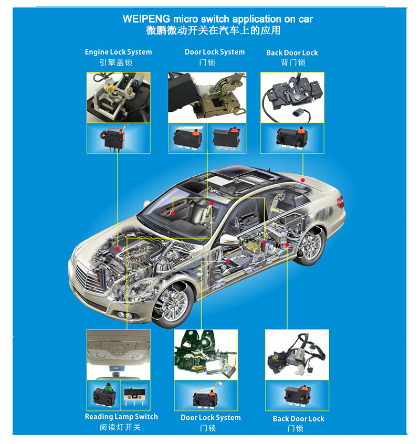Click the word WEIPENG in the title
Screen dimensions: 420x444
pos(146,19)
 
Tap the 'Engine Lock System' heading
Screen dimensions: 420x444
pos(118,52)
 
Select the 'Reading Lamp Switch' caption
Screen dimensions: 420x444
pos(121,417)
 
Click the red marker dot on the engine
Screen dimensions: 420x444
pos(118,249)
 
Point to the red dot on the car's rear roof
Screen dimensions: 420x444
pos(303,180)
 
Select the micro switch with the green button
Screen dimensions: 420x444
pos(104,395)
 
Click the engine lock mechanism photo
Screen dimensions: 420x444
pos(118,98)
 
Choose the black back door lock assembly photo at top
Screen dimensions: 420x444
pos(292,98)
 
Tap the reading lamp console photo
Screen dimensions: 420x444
pos(118,355)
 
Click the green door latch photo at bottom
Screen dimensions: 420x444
pos(206,355)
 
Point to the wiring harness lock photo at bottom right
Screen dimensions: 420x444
pos(297,355)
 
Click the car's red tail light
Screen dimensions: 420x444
pos(340,202)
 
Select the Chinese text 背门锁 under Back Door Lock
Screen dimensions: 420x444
pos(293,62)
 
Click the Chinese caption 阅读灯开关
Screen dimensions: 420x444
pos(120,427)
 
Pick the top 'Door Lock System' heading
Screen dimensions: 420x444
pos(215,52)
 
